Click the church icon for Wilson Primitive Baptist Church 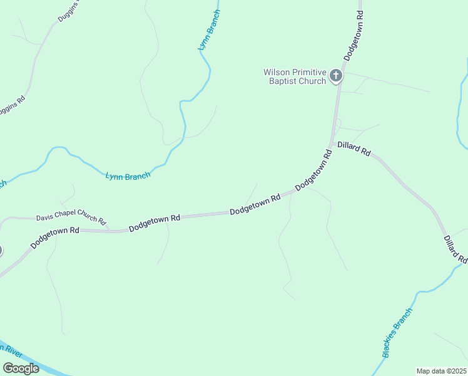click(336, 76)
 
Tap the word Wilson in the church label click(275, 72)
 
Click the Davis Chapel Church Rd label click(71, 219)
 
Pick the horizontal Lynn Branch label click(128, 177)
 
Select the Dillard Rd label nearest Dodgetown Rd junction click(354, 149)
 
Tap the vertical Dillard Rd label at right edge click(455, 249)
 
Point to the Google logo click(21, 368)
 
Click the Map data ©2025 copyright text click(440, 371)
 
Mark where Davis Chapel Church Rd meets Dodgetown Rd click(110, 230)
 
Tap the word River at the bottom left click(13, 351)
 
